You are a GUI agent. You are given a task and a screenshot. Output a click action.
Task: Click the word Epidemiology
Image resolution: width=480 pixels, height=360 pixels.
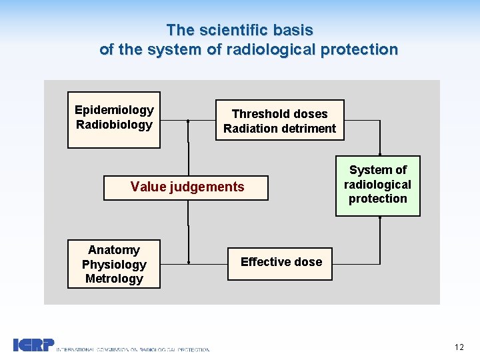coord(114,110)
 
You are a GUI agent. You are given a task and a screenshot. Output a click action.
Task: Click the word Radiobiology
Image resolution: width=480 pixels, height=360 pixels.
coord(114,125)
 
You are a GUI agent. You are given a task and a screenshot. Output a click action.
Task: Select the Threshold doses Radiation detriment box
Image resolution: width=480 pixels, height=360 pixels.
coord(279,121)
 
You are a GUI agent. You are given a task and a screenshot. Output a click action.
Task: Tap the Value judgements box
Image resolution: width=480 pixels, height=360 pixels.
coord(186,187)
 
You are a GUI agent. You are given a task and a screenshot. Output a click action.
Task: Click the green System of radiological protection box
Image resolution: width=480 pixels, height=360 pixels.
coord(377,184)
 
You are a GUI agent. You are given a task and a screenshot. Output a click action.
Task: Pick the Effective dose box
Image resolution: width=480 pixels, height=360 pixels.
coord(281,262)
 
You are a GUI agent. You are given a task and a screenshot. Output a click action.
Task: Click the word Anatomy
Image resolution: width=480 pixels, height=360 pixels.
coord(114,250)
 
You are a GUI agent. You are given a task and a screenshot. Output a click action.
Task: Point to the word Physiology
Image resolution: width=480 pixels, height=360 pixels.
coord(114,265)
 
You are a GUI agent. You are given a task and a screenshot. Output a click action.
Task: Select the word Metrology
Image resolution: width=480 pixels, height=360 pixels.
coord(114,279)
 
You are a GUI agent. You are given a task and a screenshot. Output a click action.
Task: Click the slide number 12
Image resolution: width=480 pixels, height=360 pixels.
coord(459,347)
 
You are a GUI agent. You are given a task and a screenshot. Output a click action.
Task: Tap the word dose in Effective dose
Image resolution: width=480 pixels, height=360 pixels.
coord(307,262)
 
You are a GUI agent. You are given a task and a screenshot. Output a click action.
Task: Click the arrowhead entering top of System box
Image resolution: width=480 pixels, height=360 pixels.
coord(379,152)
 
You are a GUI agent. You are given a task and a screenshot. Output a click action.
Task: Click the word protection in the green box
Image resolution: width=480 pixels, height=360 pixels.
coord(377,199)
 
